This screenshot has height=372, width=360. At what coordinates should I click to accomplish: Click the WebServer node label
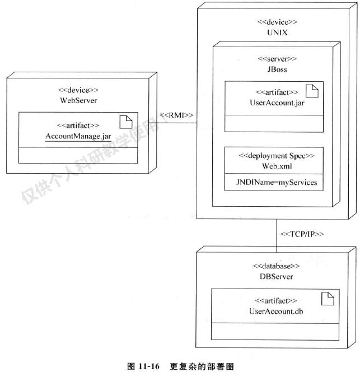pyautogui.click(x=78, y=101)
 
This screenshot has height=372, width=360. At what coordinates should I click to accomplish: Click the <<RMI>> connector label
pyautogui.click(x=176, y=115)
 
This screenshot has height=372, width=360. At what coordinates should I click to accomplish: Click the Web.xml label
pyautogui.click(x=274, y=167)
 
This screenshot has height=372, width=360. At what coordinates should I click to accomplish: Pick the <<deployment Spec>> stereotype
pyautogui.click(x=274, y=156)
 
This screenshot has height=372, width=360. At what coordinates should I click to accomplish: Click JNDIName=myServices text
pyautogui.click(x=274, y=182)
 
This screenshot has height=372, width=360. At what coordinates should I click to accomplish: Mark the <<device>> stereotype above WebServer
pyautogui.click(x=78, y=90)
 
